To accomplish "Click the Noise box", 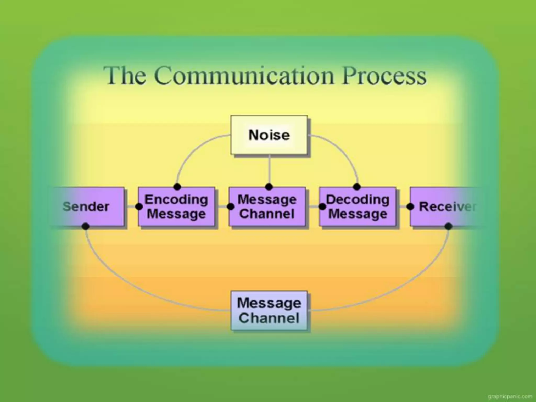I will coord(269,135).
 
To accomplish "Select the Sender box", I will coord(86,206).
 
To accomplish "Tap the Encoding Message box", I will coord(177,206).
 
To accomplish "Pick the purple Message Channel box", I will coord(267,206).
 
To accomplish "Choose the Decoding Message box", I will coord(358,206).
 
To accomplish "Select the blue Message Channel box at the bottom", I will coord(269,310).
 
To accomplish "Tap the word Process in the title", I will coord(384,76).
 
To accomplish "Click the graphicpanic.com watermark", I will coord(510,396).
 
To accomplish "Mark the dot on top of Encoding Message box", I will coord(177,187).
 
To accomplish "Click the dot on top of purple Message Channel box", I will coord(269,187).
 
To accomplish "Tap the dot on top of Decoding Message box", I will coord(357,187).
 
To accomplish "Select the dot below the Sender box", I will coord(85,226).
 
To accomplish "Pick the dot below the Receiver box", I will coord(448,226).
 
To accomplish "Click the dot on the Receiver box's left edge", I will coord(410,207).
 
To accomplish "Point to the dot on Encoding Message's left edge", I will coord(139,207).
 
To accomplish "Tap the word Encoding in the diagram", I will coord(176,200).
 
